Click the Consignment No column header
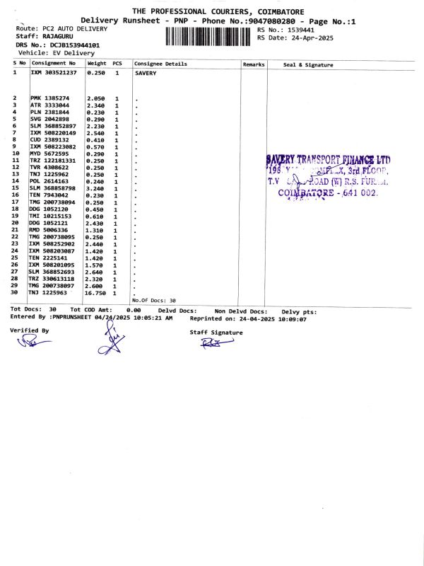coord(52,64)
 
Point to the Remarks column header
coord(253,64)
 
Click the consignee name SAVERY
coord(146,73)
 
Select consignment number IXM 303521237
coord(52,73)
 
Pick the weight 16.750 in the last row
coord(95,292)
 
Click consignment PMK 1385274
coord(49,98)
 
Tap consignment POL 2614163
coord(49,181)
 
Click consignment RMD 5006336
coord(49,230)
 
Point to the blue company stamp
coord(327,175)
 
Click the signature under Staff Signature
coord(211,345)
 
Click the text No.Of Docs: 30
coord(153,301)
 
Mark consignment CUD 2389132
coord(49,140)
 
